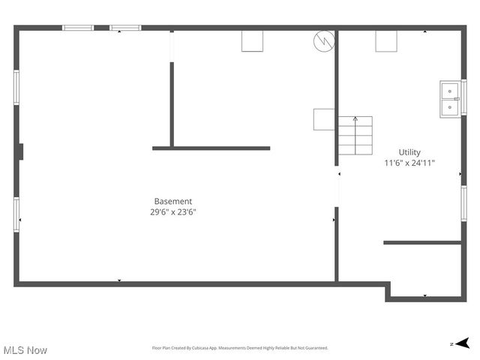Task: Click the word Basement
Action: pyautogui.click(x=173, y=201)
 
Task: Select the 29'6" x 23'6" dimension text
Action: pyautogui.click(x=173, y=211)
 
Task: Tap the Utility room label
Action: pyautogui.click(x=409, y=152)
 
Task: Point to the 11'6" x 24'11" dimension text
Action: pyautogui.click(x=409, y=163)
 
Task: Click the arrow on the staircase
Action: pyautogui.click(x=355, y=120)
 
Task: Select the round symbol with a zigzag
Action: pyautogui.click(x=323, y=40)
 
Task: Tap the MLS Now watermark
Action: pyautogui.click(x=25, y=349)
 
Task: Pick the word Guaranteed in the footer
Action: pyautogui.click(x=315, y=348)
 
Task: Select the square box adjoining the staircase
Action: pyautogui.click(x=324, y=119)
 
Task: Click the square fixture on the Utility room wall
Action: pyautogui.click(x=385, y=41)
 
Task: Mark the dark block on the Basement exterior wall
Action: pyautogui.click(x=20, y=151)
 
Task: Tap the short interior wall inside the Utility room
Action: pyautogui.click(x=422, y=242)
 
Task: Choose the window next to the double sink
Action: pyautogui.click(x=464, y=97)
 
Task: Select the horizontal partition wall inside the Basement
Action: pyautogui.click(x=211, y=148)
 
